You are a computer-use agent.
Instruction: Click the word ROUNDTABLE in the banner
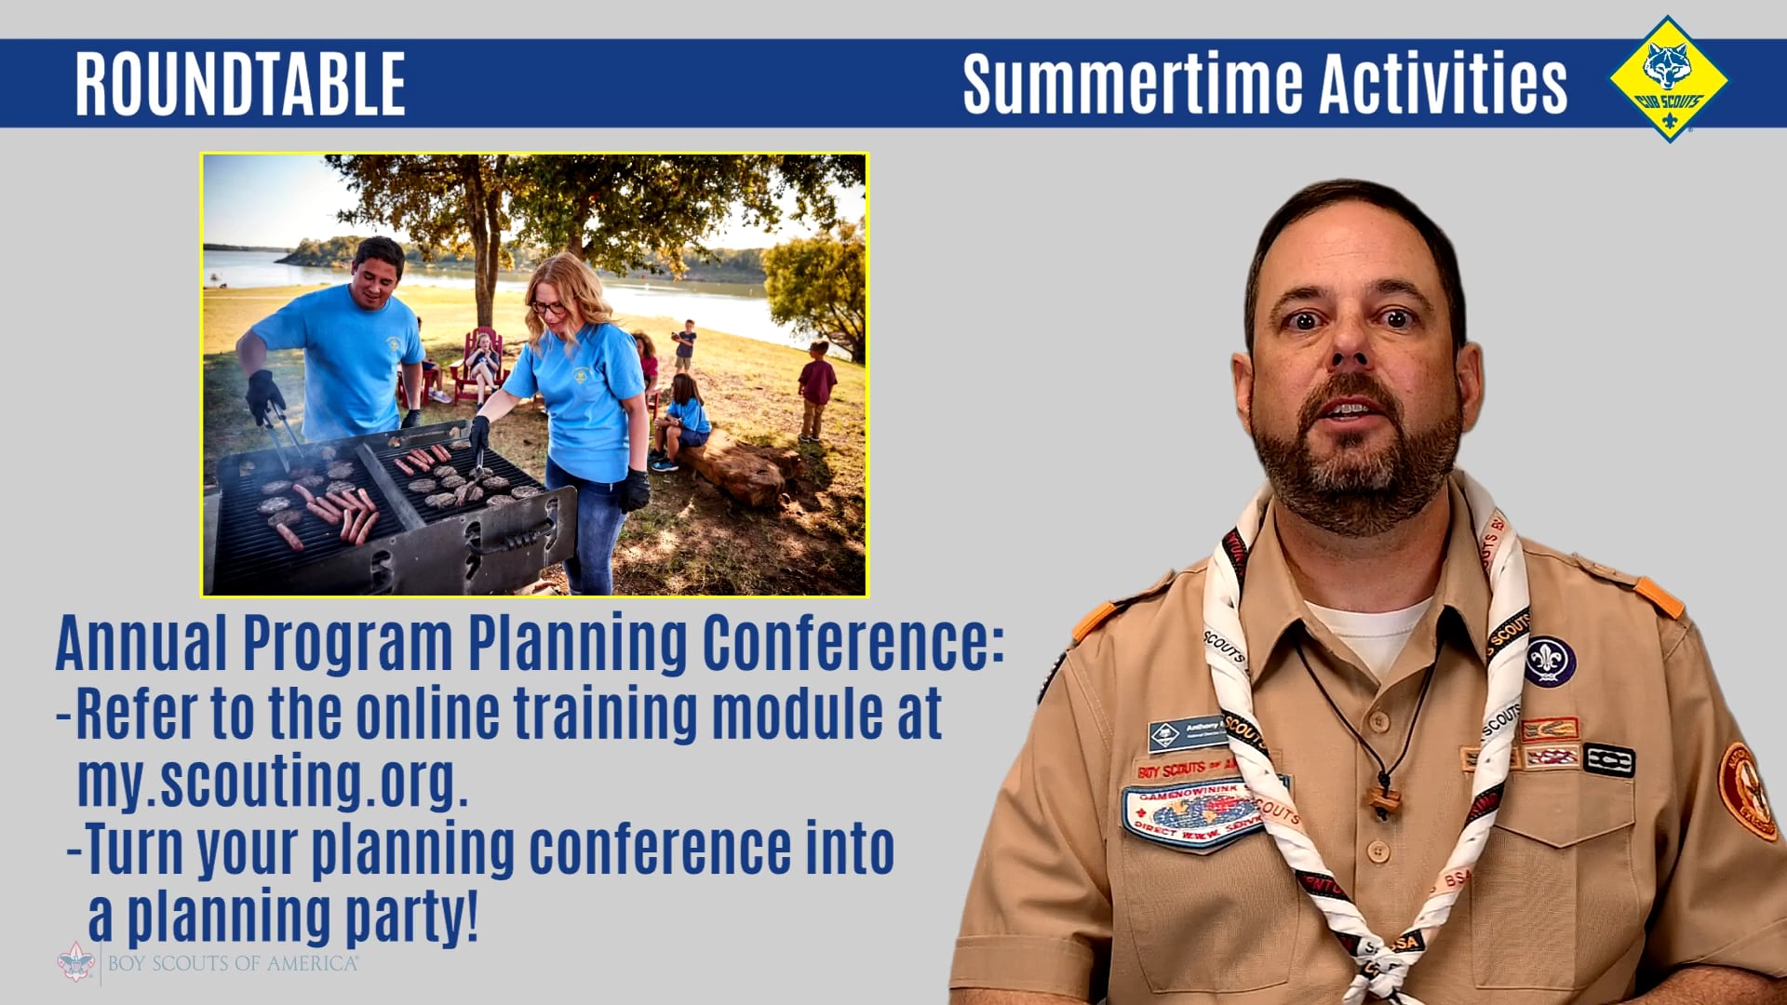[240, 84]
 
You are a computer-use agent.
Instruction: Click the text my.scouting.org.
[272, 782]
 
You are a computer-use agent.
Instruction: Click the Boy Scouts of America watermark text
[232, 963]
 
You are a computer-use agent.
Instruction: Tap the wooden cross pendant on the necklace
[1384, 798]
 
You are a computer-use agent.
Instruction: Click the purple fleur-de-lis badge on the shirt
[1549, 662]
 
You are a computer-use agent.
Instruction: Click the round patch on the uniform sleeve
[1746, 791]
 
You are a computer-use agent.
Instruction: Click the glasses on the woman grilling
[548, 307]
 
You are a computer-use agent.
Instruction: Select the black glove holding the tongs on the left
[264, 395]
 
